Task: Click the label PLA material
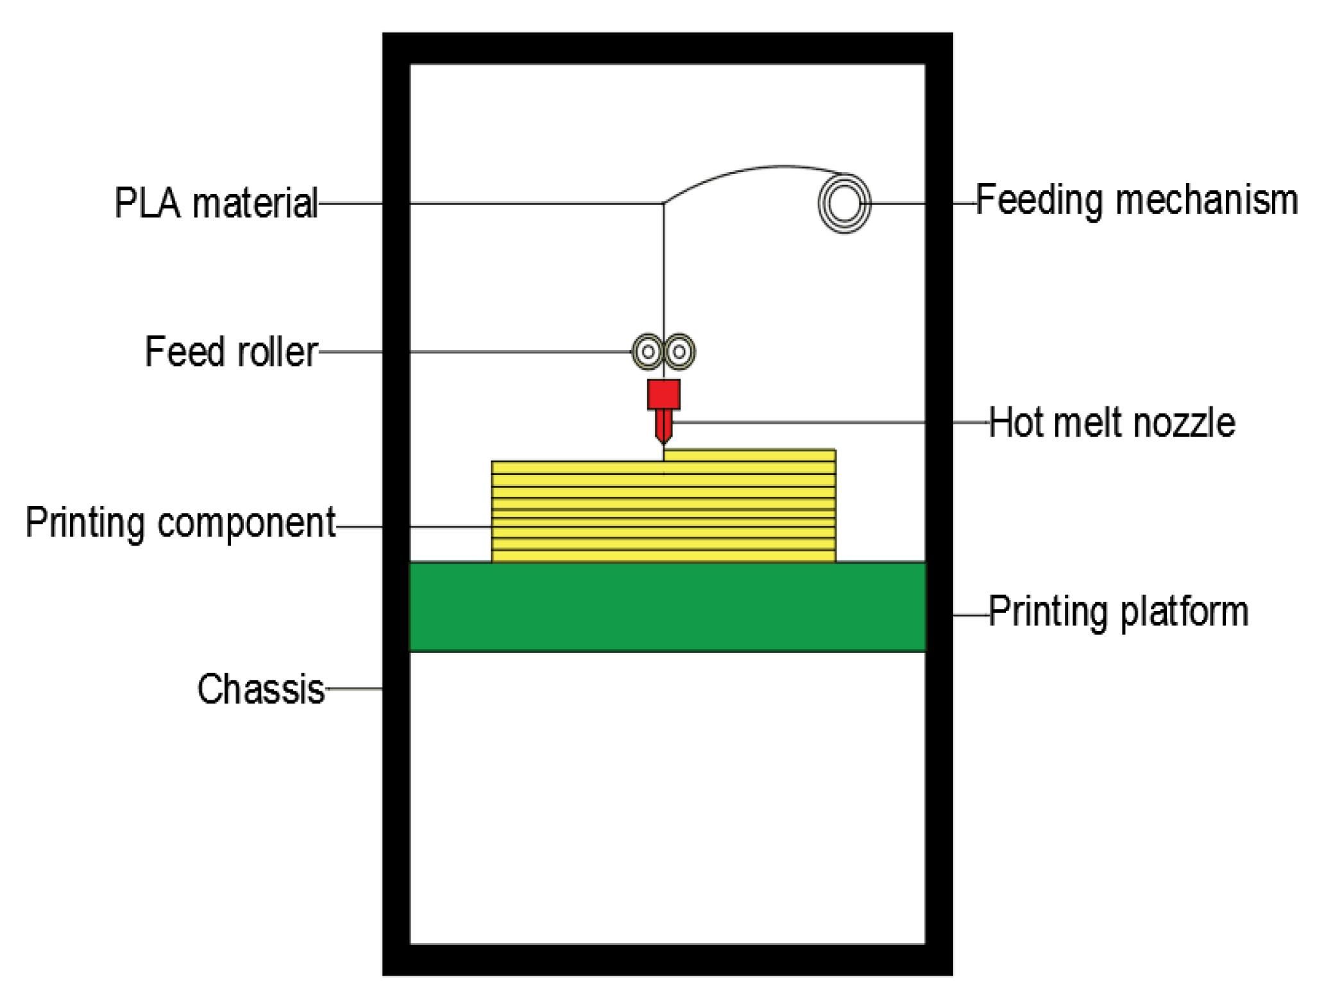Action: [216, 203]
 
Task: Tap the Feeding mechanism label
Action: [1137, 200]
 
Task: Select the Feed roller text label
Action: [231, 352]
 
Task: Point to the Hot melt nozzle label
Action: [1112, 422]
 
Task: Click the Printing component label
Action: [180, 523]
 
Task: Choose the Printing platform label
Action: [1119, 611]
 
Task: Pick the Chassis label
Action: [260, 689]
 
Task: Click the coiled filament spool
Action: [844, 203]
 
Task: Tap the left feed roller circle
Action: [648, 352]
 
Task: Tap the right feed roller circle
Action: [679, 352]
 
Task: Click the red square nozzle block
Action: [663, 394]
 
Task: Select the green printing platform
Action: [667, 607]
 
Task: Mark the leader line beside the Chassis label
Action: [354, 689]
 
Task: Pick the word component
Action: [246, 523]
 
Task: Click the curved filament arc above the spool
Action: [757, 169]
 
